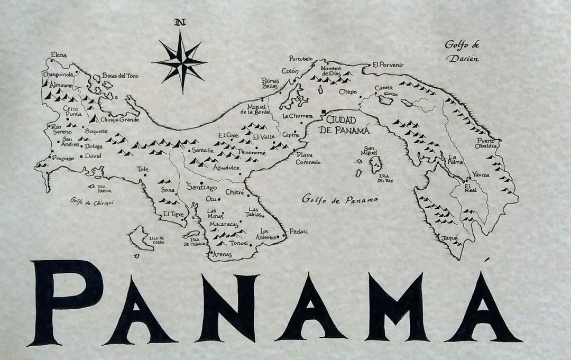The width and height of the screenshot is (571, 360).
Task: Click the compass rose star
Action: click(180, 62)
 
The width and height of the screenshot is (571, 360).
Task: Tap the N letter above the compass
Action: click(180, 22)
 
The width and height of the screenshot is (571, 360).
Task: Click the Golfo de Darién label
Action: click(462, 51)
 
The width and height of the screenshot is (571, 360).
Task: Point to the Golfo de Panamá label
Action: click(341, 199)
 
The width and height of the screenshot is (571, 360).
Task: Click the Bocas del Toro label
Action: click(120, 76)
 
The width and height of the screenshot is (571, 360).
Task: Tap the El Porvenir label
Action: click(388, 64)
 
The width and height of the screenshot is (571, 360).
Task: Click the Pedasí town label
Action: click(299, 231)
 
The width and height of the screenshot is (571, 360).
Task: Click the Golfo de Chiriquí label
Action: click(91, 201)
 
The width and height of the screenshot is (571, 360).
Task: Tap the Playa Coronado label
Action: click(308, 159)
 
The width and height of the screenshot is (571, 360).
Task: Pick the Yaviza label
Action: click(481, 174)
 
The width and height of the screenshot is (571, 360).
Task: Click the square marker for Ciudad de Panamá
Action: click(324, 112)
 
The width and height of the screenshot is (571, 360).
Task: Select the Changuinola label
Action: click(58, 75)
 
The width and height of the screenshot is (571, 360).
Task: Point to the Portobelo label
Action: click(301, 59)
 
